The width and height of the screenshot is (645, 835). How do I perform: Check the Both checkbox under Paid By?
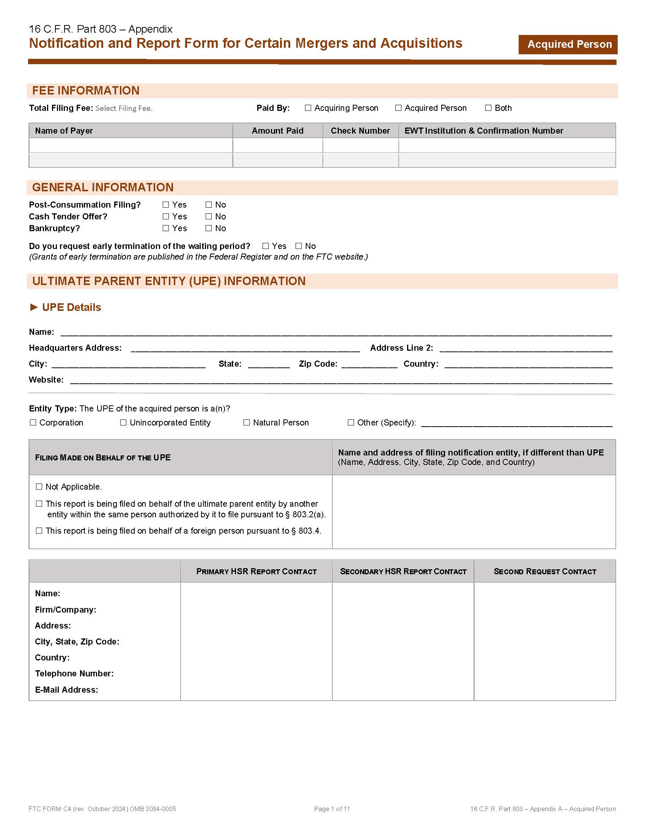(x=488, y=108)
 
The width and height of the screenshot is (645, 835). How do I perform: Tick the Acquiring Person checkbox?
(x=308, y=108)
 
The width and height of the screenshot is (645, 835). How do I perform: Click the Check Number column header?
(x=360, y=131)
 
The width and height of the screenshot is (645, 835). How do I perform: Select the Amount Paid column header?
(x=277, y=131)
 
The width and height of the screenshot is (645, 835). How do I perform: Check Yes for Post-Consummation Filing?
(x=166, y=205)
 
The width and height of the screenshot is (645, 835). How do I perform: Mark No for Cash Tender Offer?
(x=209, y=216)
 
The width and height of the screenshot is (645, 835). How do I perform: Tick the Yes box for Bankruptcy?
(x=166, y=228)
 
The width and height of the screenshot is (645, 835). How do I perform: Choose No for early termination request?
(x=299, y=246)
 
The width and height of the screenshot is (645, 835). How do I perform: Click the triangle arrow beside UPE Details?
(x=34, y=307)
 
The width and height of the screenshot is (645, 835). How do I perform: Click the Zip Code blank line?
(x=369, y=365)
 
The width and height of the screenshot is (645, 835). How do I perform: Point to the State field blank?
(x=269, y=365)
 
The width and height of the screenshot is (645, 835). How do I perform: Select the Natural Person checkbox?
(x=247, y=422)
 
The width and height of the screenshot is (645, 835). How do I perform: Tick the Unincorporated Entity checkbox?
(x=123, y=422)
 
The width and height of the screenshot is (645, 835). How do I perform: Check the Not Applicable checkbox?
(x=39, y=487)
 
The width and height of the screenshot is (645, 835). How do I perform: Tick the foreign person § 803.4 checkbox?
(x=39, y=531)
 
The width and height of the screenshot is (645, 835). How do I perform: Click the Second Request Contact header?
(x=544, y=572)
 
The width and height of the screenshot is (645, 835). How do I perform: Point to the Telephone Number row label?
(x=74, y=673)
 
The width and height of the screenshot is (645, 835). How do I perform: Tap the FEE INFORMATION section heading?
(x=86, y=91)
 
